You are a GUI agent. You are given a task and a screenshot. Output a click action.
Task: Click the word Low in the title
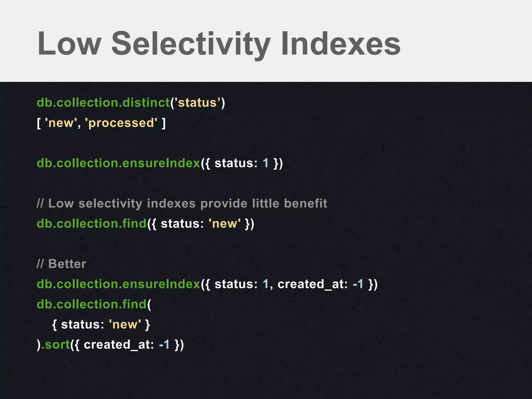click(x=69, y=44)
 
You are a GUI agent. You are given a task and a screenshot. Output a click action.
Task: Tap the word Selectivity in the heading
click(x=191, y=44)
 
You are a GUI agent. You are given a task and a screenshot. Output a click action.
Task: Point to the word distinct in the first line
click(x=146, y=103)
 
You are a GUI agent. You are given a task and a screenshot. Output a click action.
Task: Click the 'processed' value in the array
click(x=121, y=123)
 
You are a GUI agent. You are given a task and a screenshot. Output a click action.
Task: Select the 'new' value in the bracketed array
click(x=61, y=123)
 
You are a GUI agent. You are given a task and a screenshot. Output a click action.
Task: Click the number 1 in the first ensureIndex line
click(x=265, y=163)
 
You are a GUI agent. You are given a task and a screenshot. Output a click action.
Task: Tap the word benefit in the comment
click(x=305, y=203)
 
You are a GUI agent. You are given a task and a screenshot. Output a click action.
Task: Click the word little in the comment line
click(x=265, y=203)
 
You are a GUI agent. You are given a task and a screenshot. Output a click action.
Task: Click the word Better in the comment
click(x=67, y=264)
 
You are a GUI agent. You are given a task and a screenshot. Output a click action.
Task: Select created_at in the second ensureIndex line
click(x=312, y=284)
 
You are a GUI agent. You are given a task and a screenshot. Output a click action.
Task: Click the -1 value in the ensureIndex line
click(x=358, y=284)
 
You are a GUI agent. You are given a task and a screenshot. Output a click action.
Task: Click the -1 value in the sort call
click(x=164, y=345)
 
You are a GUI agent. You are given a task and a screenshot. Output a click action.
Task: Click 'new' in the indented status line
click(x=125, y=324)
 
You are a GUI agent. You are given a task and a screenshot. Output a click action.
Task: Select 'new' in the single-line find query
click(x=225, y=224)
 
